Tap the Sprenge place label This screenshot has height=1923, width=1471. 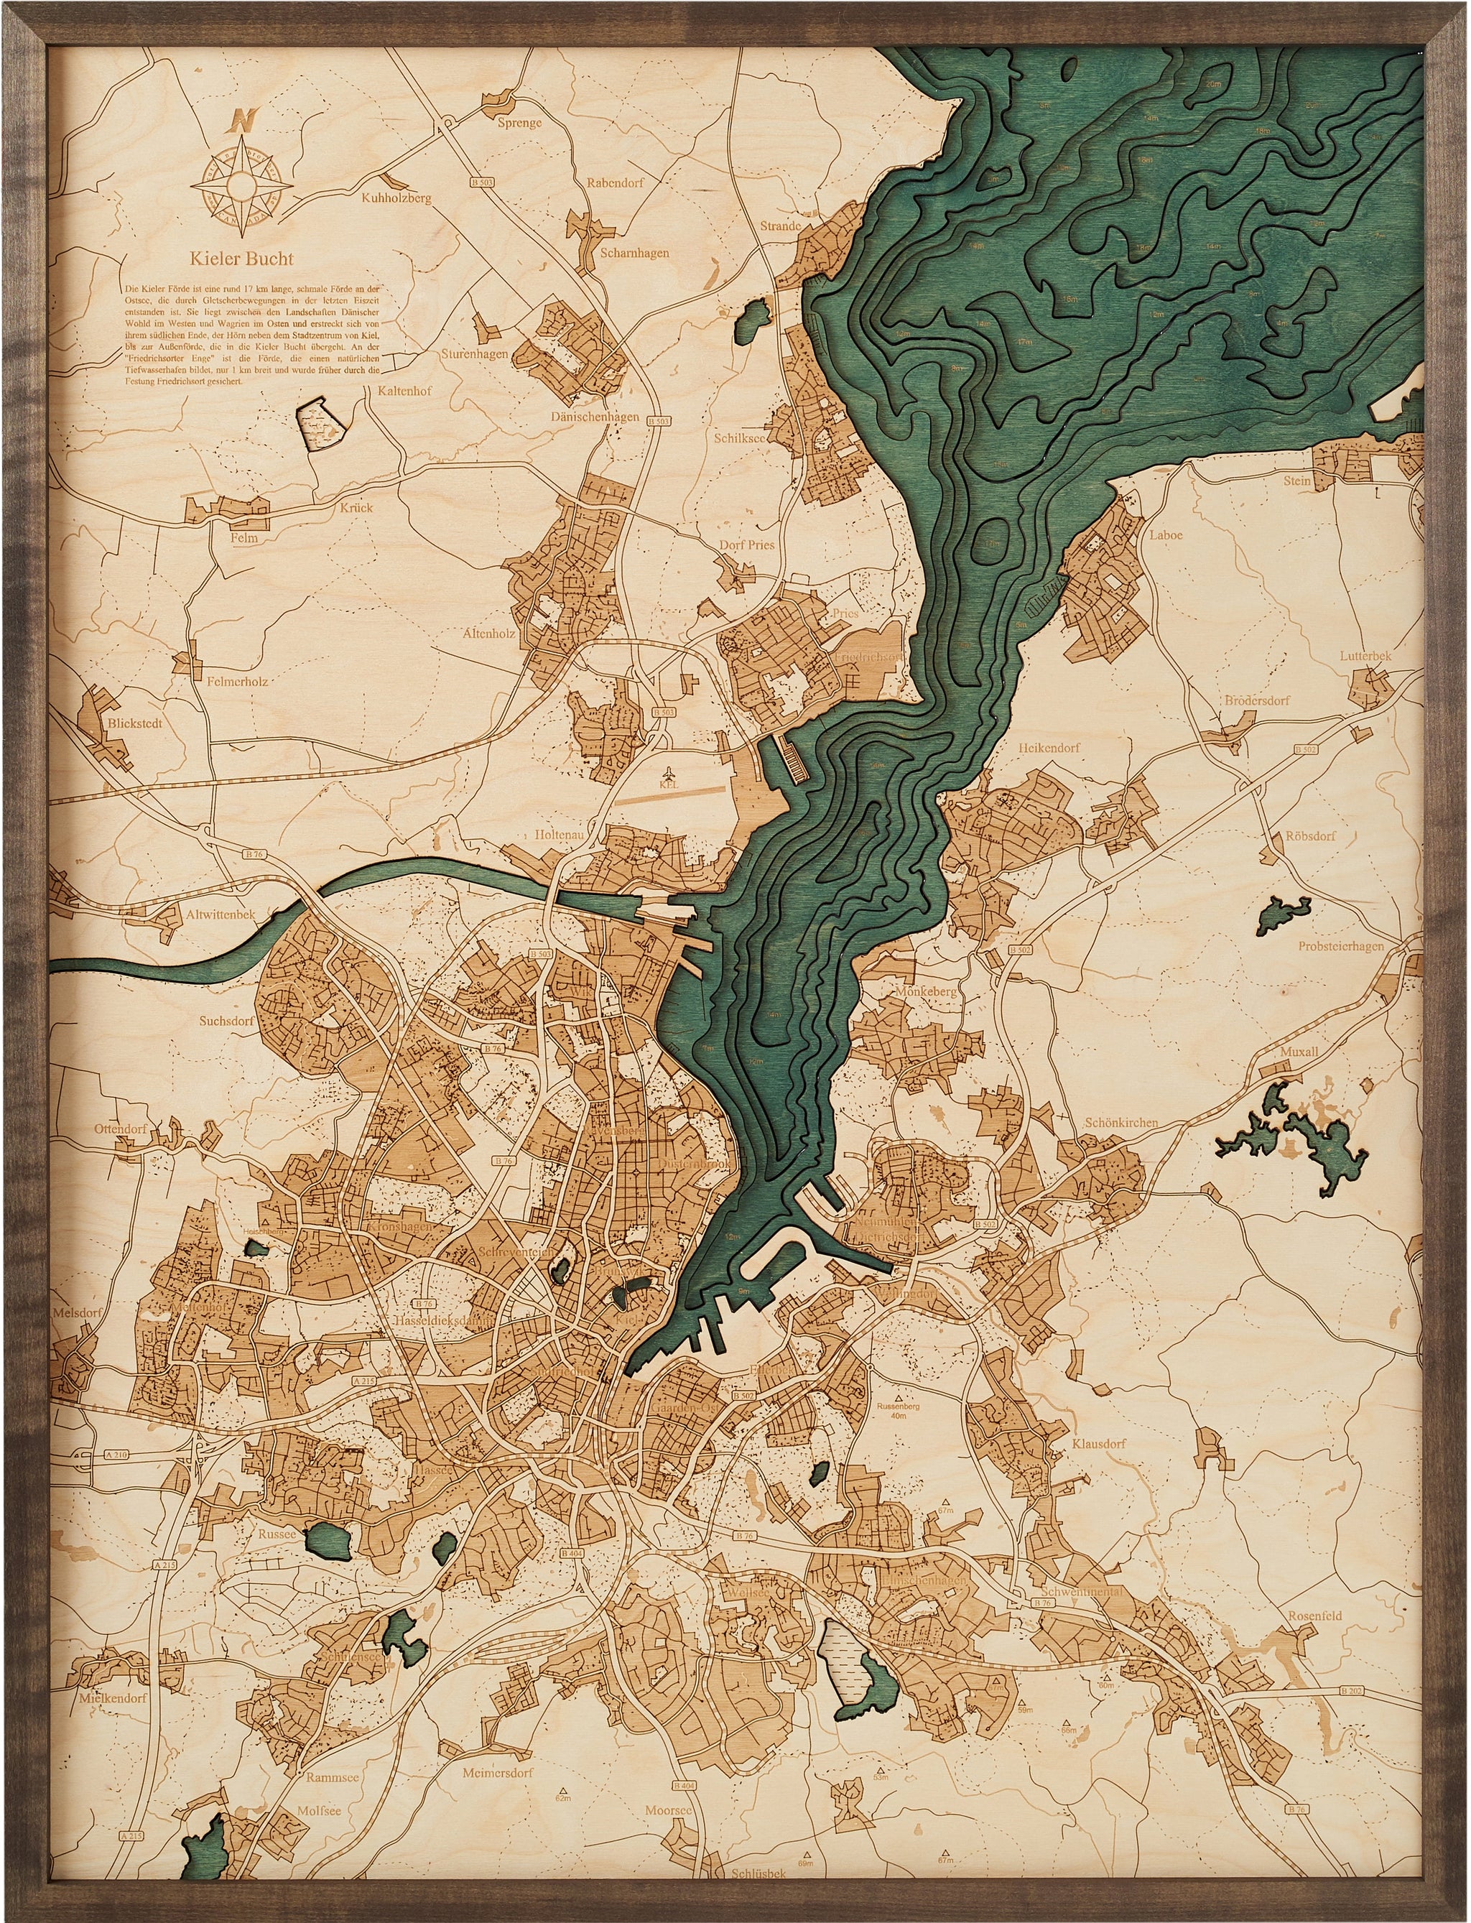[519, 123]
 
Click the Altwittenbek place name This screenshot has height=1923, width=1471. [221, 913]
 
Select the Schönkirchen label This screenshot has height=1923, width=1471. [1120, 1123]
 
